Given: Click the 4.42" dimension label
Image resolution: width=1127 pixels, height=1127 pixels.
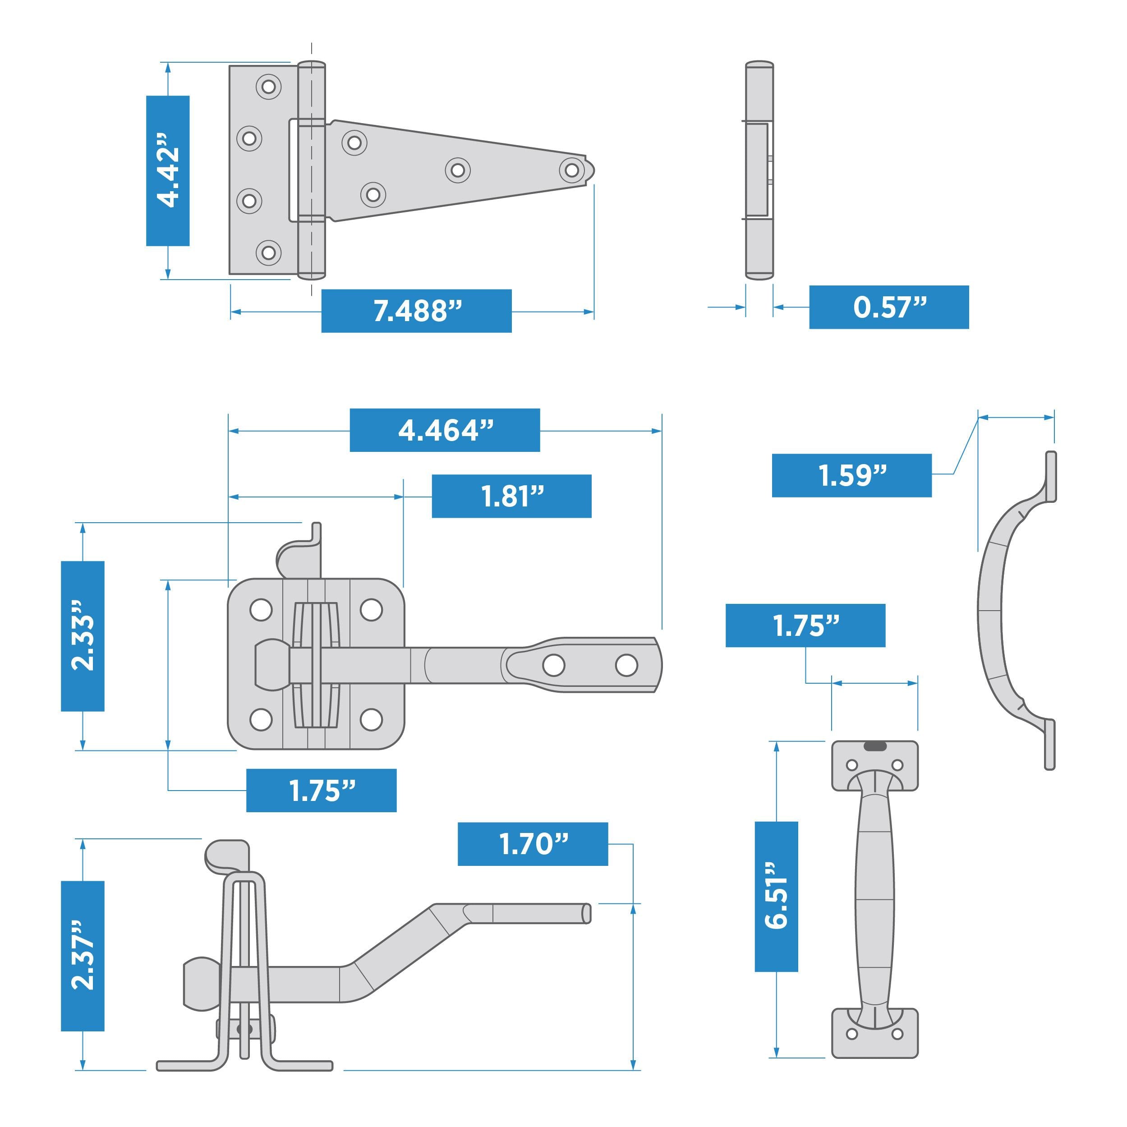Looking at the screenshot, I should point(168,170).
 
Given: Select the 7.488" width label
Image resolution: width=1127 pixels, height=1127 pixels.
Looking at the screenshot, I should point(417,311).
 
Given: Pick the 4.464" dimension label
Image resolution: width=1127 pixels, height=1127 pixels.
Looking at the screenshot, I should point(445,431).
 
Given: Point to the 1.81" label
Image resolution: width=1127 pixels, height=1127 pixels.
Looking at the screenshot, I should point(511,497).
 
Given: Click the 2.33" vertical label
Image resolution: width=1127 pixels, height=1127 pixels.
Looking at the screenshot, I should point(83,636).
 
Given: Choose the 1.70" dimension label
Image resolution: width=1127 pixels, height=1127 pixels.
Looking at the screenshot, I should point(533,844).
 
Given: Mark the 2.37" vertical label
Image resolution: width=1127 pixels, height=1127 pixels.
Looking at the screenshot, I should point(83,956).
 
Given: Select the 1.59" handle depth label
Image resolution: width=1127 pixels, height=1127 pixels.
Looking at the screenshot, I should point(851,475).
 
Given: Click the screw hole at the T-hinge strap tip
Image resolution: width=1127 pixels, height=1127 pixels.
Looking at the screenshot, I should point(572,170).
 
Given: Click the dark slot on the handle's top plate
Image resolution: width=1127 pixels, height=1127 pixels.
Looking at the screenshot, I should point(874,746).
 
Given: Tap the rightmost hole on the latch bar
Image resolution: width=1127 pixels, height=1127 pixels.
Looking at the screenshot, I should point(626,665).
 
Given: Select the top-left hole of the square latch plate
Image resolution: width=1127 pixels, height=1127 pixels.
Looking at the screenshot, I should point(261,610).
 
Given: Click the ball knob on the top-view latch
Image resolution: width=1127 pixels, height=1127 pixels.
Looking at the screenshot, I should point(272,665).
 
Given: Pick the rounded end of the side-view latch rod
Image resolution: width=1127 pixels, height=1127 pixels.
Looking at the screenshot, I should point(586,914).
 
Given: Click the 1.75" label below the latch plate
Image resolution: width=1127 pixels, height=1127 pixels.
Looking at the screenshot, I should point(322,791).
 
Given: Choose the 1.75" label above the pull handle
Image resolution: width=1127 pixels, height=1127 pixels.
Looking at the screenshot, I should point(805,626).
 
